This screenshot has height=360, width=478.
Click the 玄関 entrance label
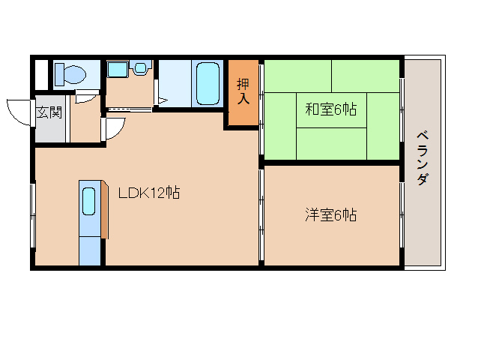[x=49, y=112]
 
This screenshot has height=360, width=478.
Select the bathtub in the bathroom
[x=208, y=83]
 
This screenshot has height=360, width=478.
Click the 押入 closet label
[x=243, y=91]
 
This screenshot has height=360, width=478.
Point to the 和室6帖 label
[x=331, y=109]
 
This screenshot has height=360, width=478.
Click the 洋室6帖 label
[x=331, y=215]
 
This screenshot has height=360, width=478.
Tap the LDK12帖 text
[x=149, y=193]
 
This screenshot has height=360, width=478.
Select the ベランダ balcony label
[x=423, y=157]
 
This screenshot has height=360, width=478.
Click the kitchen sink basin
[x=88, y=201]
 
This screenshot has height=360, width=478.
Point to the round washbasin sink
[x=140, y=67]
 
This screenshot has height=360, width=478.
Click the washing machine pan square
[x=118, y=70]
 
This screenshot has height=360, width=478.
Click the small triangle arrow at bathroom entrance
[x=163, y=100]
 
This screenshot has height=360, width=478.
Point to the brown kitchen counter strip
[x=105, y=209]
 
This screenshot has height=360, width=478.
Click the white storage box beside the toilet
[x=42, y=75]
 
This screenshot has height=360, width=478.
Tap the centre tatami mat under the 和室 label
[x=331, y=110]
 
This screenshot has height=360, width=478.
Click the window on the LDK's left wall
[x=33, y=216]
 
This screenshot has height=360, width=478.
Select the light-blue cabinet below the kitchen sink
[x=90, y=250]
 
